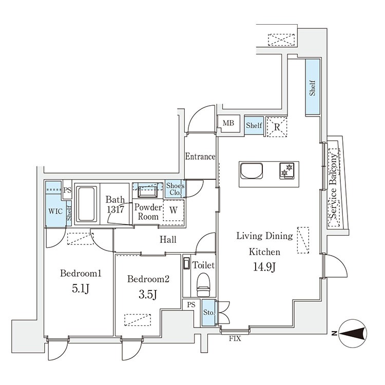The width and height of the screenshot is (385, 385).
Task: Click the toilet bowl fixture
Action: coord(204,285)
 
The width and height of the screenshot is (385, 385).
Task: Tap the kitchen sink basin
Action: coord(252,170)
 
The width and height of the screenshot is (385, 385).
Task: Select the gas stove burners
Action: coord(287,170)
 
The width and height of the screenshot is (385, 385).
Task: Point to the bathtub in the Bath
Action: coord(86,204)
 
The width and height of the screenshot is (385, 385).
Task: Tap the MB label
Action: coord(228,123)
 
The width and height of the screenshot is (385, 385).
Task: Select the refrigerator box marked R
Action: coord(277,126)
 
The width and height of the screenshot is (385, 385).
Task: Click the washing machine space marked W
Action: coord(174,210)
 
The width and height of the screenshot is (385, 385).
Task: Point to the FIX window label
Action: coord(235,339)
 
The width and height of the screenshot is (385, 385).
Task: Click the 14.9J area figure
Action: coord(264,267)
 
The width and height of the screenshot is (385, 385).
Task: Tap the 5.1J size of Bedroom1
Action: coord(81,288)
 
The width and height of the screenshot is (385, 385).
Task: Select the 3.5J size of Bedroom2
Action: coord(148,294)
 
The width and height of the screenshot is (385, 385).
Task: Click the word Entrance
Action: coord(200,157)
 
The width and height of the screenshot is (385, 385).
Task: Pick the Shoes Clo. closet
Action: coord(175,189)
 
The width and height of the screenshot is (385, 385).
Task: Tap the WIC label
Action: coord(55,211)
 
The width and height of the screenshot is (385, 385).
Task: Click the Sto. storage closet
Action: coord(208,313)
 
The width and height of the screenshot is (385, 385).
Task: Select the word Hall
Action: coord(168,239)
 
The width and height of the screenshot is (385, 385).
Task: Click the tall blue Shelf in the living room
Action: coord(313,87)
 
